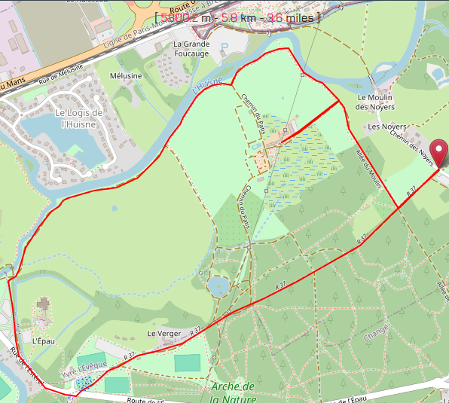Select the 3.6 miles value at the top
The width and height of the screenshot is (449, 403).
(x=291, y=17)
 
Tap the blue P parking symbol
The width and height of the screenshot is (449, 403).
(x=223, y=47)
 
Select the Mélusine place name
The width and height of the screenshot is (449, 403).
(x=126, y=76)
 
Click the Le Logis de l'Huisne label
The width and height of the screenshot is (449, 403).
(x=78, y=118)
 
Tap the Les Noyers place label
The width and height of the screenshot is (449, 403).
(x=387, y=127)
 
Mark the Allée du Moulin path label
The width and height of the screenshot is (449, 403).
(x=369, y=169)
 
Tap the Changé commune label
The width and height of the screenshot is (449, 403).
(x=376, y=330)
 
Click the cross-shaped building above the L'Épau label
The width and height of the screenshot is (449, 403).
(x=43, y=306)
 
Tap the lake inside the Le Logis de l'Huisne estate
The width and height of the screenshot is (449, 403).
(x=57, y=143)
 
